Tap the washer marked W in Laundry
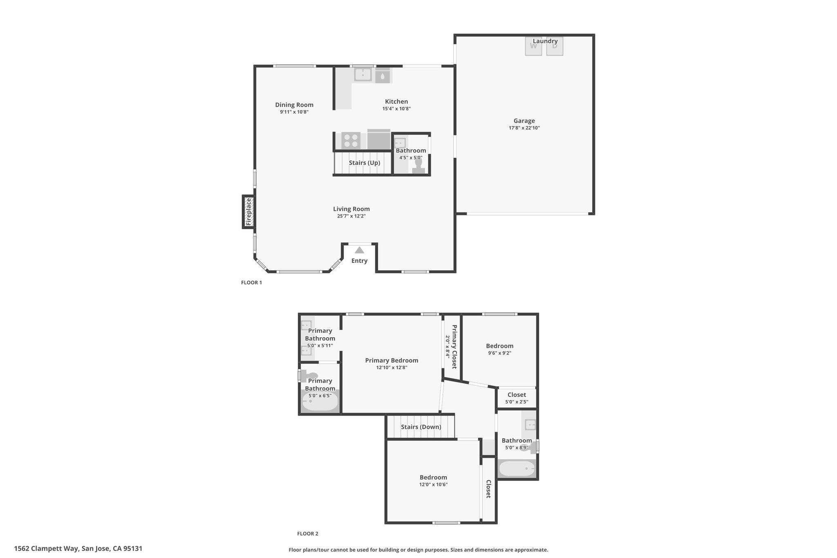tap(533, 46)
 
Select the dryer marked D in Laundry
tap(555, 46)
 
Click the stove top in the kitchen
tap(351, 141)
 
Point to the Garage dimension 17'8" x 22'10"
tap(524, 128)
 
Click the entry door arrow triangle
tap(359, 250)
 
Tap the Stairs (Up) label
tap(365, 163)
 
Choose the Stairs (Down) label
tap(421, 427)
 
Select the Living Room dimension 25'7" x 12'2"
tap(351, 216)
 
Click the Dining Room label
tap(294, 105)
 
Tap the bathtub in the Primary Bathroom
tap(320, 402)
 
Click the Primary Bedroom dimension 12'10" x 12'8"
tap(392, 368)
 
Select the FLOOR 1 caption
tap(251, 282)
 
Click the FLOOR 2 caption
tap(307, 533)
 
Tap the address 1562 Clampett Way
tap(46, 549)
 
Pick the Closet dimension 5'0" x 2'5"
tap(517, 402)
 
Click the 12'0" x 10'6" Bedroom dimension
tap(434, 484)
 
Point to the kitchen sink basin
tap(363, 75)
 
